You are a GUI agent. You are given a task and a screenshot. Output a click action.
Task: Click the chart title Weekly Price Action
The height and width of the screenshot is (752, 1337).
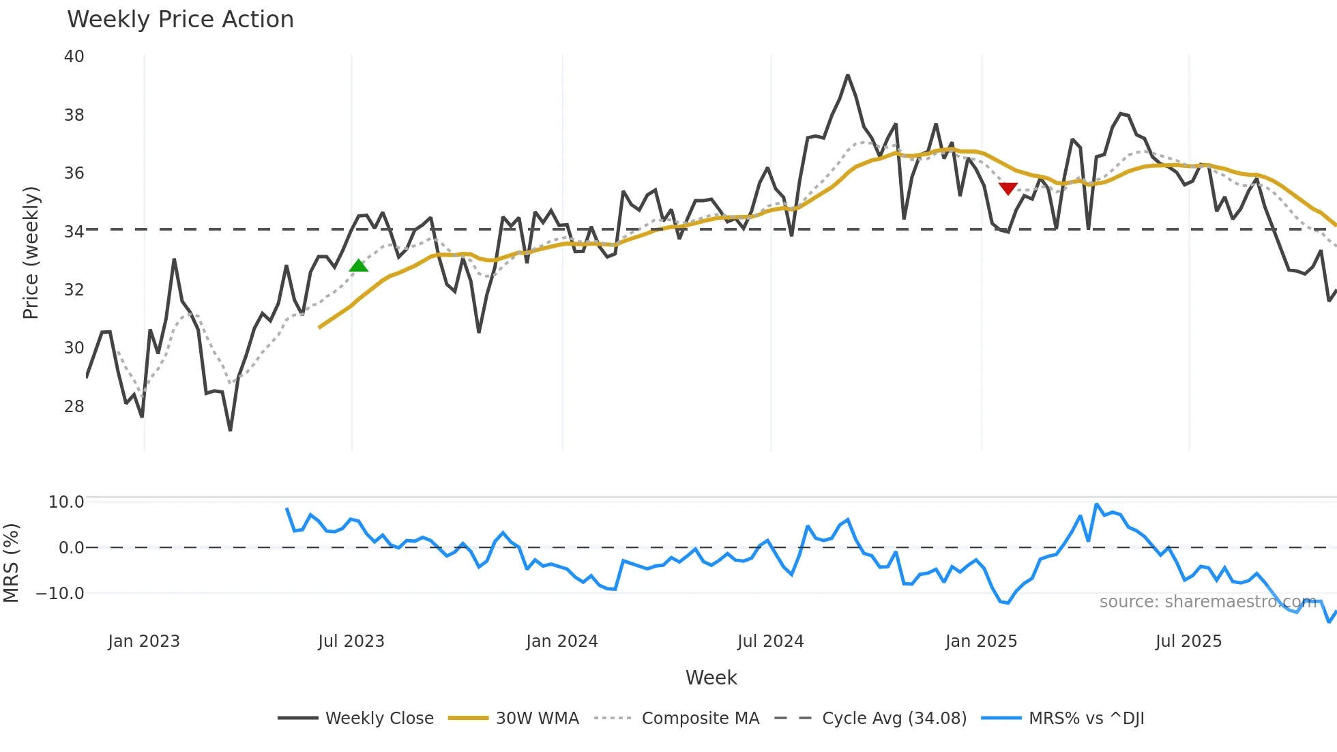click(180, 19)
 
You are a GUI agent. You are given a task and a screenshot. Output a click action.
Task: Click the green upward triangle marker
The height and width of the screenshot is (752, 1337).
click(358, 265)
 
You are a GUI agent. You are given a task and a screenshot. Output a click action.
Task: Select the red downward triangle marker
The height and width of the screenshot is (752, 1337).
click(1008, 188)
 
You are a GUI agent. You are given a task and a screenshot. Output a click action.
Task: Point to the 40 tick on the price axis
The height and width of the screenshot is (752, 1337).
click(74, 57)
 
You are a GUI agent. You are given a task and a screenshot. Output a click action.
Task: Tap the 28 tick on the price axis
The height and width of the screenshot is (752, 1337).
click(74, 407)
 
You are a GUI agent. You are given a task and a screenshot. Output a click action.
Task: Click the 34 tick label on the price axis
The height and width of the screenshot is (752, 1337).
click(74, 232)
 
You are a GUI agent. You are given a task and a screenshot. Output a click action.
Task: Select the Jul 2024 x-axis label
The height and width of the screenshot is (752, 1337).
click(770, 641)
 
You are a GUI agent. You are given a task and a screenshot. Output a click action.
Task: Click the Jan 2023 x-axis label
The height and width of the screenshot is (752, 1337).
click(144, 641)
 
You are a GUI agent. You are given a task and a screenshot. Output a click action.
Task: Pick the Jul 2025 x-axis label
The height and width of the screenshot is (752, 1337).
click(1188, 641)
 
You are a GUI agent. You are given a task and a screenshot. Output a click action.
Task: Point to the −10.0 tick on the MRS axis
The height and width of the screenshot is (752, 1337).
click(60, 594)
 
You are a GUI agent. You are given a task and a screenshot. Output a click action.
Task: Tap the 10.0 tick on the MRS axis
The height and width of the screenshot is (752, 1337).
click(66, 502)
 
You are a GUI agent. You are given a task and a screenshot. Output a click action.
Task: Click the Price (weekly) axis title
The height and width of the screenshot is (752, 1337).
click(31, 252)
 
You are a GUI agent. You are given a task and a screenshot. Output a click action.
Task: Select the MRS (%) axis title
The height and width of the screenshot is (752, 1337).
click(11, 563)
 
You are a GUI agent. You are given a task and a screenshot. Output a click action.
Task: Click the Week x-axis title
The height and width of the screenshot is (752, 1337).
click(711, 678)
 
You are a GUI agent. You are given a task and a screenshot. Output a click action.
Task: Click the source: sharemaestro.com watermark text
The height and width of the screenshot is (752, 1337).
click(1207, 602)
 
